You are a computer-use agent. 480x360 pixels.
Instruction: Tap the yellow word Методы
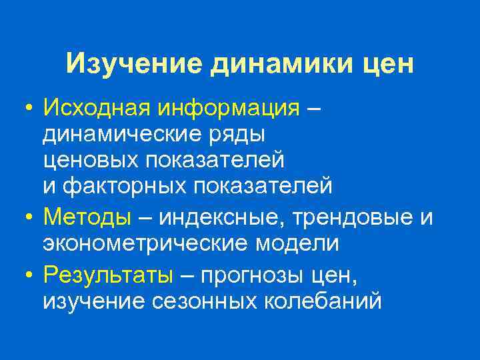pyautogui.click(x=87, y=217)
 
